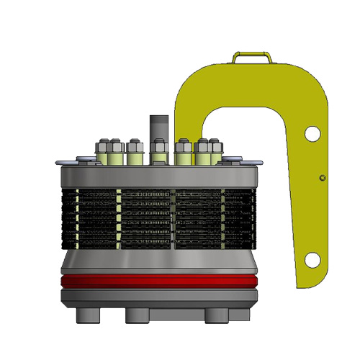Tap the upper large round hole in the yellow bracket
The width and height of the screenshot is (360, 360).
[312, 133]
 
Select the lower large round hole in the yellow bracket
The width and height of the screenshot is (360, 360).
[312, 259]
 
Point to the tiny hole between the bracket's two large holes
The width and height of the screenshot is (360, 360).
[323, 177]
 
